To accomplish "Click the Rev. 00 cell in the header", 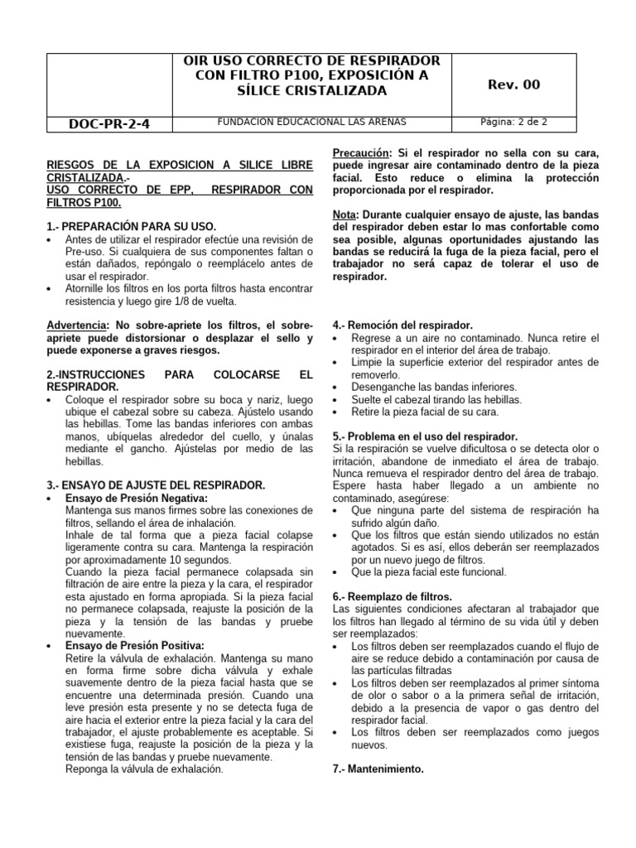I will pyautogui.click(x=515, y=84).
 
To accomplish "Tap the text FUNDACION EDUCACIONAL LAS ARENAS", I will pyautogui.click(x=311, y=122).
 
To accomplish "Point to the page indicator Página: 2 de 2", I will pyautogui.click(x=514, y=122).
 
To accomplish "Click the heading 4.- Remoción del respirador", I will pyautogui.click(x=402, y=325).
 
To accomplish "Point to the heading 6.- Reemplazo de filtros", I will pyautogui.click(x=392, y=596).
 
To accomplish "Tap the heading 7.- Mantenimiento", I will pyautogui.click(x=378, y=768).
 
